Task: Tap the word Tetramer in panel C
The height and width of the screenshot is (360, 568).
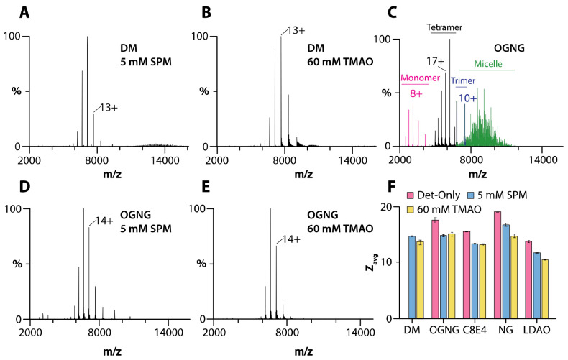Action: coord(444,27)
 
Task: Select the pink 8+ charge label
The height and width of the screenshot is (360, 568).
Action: coord(416,93)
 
